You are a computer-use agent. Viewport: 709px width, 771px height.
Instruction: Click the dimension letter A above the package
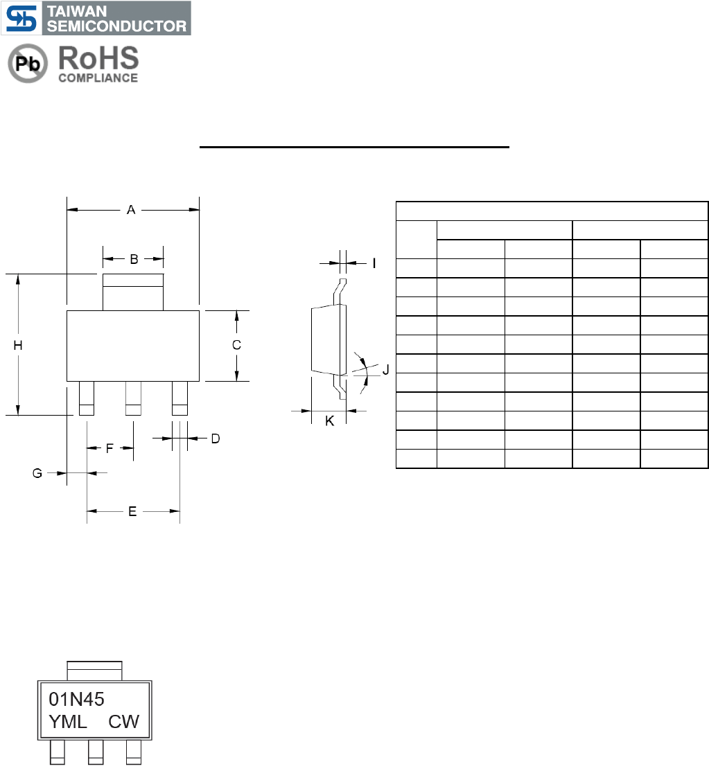click(x=131, y=210)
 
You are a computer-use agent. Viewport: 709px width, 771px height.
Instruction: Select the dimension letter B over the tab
click(x=134, y=259)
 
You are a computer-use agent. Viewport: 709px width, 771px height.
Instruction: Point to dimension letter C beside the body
click(x=236, y=345)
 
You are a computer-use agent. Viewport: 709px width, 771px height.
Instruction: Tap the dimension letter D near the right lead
click(x=216, y=438)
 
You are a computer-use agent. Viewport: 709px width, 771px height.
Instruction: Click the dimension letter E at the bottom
click(x=132, y=511)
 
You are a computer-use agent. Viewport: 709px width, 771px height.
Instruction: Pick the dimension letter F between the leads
click(x=110, y=448)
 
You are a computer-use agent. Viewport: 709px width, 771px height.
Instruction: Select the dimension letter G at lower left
click(x=37, y=473)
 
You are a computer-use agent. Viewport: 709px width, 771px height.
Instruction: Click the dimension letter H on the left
click(x=18, y=346)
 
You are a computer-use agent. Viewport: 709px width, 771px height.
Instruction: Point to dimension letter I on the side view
click(x=374, y=263)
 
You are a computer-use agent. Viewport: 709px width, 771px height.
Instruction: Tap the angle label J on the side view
click(x=386, y=370)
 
